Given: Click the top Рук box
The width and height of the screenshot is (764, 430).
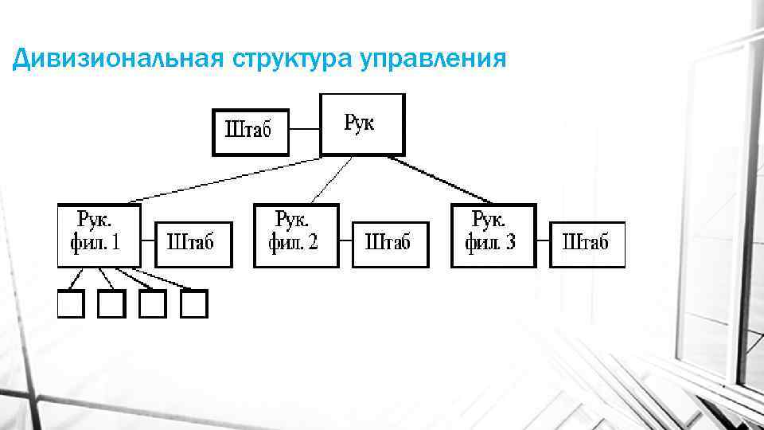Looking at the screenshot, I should (x=362, y=124).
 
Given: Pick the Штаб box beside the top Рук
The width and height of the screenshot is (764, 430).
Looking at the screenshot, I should (x=249, y=131).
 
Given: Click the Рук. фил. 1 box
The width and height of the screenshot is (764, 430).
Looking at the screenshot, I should (x=99, y=235).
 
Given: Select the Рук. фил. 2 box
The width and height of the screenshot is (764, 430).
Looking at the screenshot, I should (x=295, y=235).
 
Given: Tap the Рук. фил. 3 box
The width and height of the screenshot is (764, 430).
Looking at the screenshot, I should (x=493, y=235).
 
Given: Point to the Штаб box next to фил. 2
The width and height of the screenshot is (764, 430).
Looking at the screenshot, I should (x=388, y=244).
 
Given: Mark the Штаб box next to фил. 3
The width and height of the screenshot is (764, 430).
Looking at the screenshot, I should (x=587, y=244).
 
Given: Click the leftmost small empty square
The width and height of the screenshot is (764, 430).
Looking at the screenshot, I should (x=70, y=303).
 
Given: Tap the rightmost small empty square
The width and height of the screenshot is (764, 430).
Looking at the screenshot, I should (x=193, y=303).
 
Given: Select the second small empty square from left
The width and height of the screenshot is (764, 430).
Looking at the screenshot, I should (x=111, y=303).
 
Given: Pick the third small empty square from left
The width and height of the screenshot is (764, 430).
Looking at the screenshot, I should (x=152, y=303).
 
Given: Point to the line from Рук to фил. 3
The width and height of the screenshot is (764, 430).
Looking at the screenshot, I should (x=442, y=179).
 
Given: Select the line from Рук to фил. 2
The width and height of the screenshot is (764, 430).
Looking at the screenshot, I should (x=332, y=179).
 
